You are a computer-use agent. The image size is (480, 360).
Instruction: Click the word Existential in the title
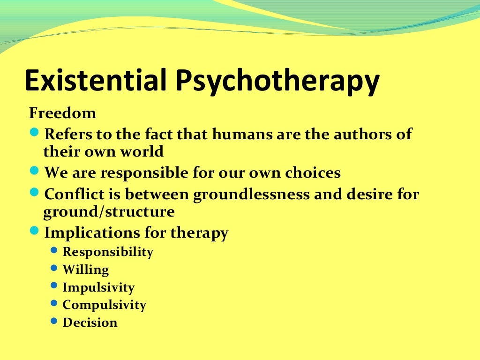click(x=96, y=81)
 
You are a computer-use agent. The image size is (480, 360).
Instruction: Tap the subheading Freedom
click(x=62, y=113)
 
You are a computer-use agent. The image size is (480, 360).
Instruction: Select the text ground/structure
click(x=109, y=212)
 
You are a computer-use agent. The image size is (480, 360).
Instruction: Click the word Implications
click(x=92, y=233)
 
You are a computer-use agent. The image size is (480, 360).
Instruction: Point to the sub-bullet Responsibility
click(x=108, y=252)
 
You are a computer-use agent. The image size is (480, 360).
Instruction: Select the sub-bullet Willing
click(x=85, y=270)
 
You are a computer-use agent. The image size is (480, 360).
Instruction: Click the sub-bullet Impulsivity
click(x=98, y=287)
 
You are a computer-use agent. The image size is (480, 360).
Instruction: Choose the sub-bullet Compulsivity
click(x=105, y=305)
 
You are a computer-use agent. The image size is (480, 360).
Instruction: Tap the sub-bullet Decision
click(x=90, y=322)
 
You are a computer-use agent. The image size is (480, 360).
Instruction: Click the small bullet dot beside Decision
click(x=54, y=322)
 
